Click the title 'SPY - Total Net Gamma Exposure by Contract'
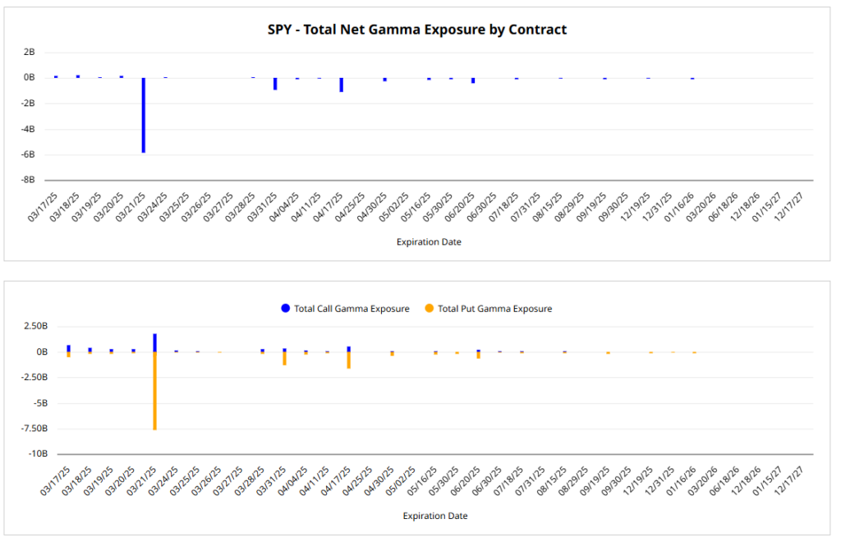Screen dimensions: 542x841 click(x=417, y=30)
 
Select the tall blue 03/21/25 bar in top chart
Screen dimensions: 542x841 click(x=144, y=115)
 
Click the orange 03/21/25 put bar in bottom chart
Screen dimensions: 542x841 click(x=154, y=390)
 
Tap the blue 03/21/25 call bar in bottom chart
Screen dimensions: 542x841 click(x=154, y=342)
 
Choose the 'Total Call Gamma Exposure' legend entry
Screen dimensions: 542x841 click(x=345, y=309)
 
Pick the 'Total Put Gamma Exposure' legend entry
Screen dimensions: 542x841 click(x=488, y=309)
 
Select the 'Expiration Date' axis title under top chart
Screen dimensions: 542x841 click(x=429, y=242)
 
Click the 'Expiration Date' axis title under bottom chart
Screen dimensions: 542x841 click(x=435, y=517)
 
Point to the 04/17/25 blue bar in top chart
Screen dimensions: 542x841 click(x=341, y=85)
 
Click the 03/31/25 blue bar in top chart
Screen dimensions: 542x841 click(x=275, y=84)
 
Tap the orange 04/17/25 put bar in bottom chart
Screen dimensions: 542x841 click(x=349, y=360)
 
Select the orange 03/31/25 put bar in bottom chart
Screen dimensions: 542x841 click(x=284, y=358)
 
